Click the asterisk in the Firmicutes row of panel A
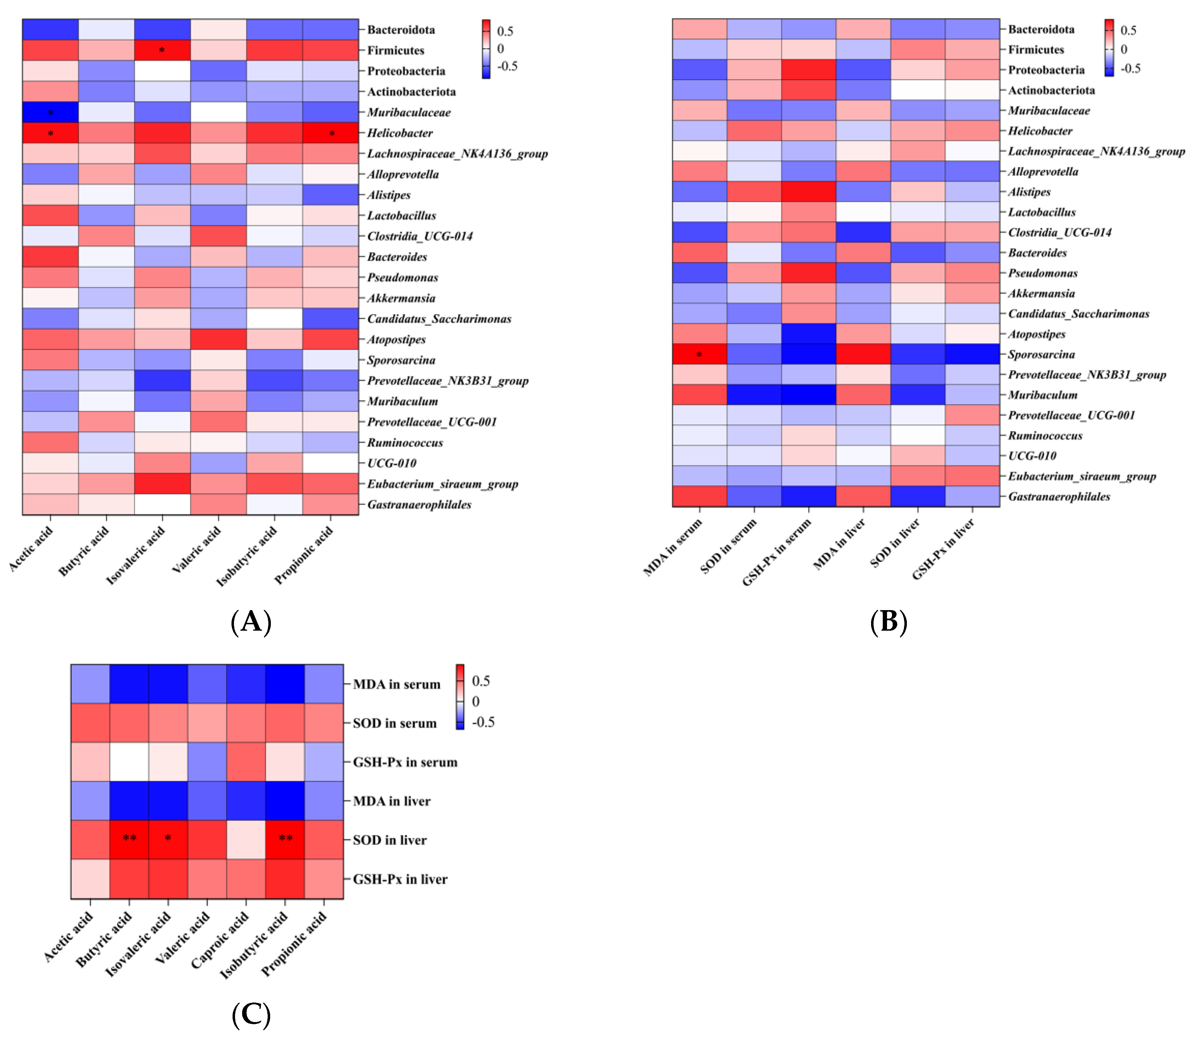point(162,50)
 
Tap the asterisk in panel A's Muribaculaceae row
point(50,112)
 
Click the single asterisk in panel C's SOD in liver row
point(168,838)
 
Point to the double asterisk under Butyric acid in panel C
point(130,838)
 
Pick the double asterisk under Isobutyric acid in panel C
point(285,838)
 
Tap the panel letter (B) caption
point(888,621)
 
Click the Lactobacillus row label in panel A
point(401,216)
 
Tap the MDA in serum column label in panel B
point(673,547)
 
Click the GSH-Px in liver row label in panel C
point(400,879)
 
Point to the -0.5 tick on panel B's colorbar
point(1130,69)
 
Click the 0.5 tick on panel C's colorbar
point(481,681)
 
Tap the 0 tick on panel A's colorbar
point(501,49)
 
